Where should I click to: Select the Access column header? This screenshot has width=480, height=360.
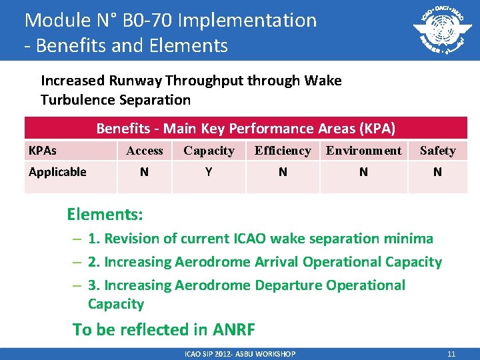tap(145, 151)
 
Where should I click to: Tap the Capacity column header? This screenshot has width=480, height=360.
tap(209, 151)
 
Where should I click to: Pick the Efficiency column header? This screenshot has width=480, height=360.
tap(283, 151)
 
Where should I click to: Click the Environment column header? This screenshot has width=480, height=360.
tap(363, 151)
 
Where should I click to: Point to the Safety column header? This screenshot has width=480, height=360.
tap(437, 151)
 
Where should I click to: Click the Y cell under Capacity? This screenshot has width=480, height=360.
tap(209, 172)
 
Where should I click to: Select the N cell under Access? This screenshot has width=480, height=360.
tap(145, 172)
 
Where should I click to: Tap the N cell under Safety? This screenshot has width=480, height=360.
tap(437, 172)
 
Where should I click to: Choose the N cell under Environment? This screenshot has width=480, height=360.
tap(363, 172)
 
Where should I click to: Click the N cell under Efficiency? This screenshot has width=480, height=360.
tap(283, 172)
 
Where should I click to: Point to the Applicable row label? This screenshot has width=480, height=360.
tap(57, 172)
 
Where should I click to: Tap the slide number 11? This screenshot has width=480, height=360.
tap(451, 354)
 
